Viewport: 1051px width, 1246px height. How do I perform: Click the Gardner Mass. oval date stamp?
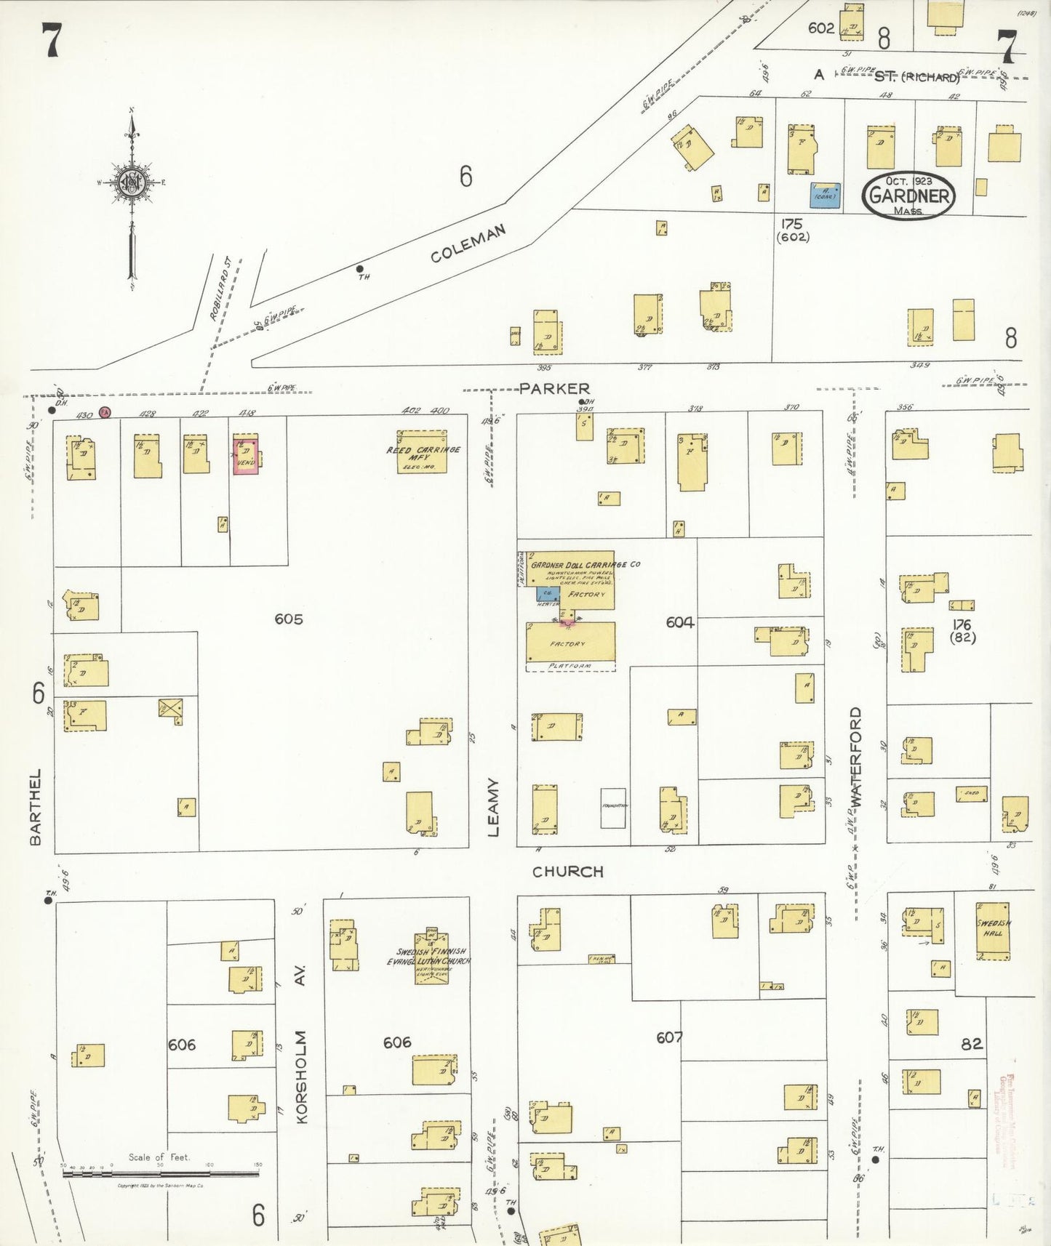coord(908,196)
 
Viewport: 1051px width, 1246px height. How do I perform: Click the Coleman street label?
coord(468,244)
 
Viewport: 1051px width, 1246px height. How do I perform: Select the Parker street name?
coord(554,389)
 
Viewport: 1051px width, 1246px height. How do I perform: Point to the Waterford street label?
coord(855,755)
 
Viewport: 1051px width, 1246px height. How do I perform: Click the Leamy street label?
coord(494,807)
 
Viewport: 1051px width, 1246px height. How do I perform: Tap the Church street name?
coord(567,872)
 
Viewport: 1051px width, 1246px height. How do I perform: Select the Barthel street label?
coord(36,807)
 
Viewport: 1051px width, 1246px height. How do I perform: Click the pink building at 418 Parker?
coord(246,456)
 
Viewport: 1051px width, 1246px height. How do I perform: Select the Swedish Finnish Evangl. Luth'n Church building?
coord(431,957)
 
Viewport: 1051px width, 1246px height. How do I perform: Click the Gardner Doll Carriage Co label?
coord(585,565)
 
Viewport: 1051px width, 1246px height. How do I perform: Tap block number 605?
coord(289,619)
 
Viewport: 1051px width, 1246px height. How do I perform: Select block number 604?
coord(679,622)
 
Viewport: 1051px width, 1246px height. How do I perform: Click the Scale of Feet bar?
coord(161,1173)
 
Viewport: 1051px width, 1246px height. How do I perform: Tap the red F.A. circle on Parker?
coord(105,412)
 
